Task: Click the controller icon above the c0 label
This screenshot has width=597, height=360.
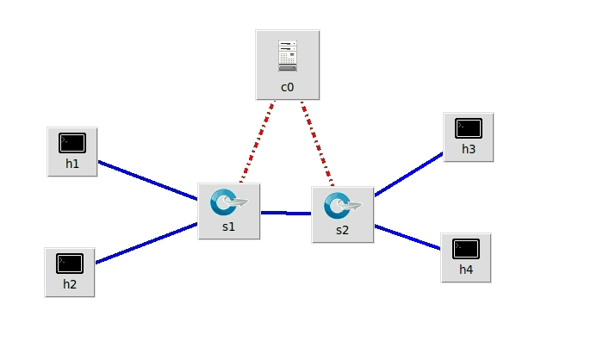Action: tap(288, 55)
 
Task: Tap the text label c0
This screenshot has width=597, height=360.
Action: tap(288, 87)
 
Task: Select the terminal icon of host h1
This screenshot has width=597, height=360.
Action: tap(72, 143)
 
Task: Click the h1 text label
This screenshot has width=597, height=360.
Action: tap(72, 164)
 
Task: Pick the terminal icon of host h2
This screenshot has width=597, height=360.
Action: tap(70, 263)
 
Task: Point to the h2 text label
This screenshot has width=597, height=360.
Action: tap(70, 283)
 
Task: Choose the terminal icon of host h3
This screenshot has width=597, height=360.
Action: tap(469, 128)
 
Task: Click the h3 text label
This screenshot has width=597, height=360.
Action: tap(469, 149)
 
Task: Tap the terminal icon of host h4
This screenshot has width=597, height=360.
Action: tap(466, 248)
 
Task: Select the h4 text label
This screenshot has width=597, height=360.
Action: tap(466, 269)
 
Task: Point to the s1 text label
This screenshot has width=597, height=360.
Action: tap(228, 227)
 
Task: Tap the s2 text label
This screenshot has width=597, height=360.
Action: tap(342, 231)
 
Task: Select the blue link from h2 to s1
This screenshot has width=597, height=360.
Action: tap(146, 244)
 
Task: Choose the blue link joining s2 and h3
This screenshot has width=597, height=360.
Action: tap(408, 175)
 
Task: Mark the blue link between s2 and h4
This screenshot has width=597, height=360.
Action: tap(408, 238)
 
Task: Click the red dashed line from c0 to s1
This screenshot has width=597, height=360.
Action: tap(257, 144)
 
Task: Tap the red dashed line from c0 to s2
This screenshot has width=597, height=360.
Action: tap(317, 146)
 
